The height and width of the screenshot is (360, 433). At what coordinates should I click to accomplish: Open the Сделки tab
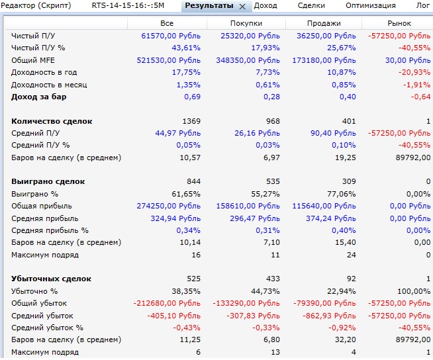pyautogui.click(x=311, y=5)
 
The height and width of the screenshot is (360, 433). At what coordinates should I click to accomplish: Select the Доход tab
pyautogui.click(x=265, y=5)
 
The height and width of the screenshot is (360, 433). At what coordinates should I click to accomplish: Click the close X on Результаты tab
pyautogui.click(x=242, y=6)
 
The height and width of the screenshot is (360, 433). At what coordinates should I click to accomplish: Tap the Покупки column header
pyautogui.click(x=246, y=23)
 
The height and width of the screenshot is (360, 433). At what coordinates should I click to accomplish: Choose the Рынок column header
pyautogui.click(x=399, y=23)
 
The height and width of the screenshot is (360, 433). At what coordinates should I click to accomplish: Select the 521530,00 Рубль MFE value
pyautogui.click(x=169, y=60)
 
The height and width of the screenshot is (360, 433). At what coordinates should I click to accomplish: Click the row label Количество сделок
pyautogui.click(x=52, y=121)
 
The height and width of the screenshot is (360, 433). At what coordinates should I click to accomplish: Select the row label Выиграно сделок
pyautogui.click(x=48, y=181)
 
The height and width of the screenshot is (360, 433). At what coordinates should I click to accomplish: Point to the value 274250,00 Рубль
pyautogui.click(x=169, y=206)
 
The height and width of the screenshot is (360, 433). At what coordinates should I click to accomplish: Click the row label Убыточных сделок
pyautogui.click(x=52, y=279)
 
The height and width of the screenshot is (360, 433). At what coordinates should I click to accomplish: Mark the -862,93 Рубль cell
pyautogui.click(x=327, y=316)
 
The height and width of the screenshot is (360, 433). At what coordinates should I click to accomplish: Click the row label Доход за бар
pyautogui.click(x=39, y=97)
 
